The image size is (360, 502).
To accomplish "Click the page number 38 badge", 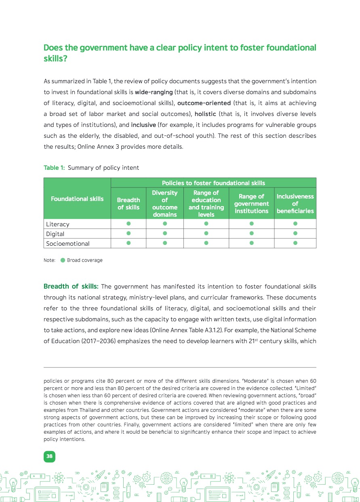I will tap(49, 456).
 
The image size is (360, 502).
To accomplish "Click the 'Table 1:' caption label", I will tap(54, 168).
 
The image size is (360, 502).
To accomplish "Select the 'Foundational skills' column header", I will tap(77, 198).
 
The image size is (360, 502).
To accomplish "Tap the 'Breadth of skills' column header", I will tap(128, 203).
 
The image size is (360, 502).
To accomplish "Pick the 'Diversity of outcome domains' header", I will tap(165, 203).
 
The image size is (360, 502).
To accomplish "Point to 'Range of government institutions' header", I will tap(251, 203).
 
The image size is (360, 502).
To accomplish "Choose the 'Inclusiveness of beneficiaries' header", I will tap(295, 203).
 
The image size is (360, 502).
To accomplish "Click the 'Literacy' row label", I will tap(58, 224).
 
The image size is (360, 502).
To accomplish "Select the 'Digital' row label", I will tap(55, 234).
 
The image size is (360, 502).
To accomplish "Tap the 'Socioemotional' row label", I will tap(67, 243).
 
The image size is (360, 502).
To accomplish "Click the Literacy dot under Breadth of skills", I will tap(128, 224).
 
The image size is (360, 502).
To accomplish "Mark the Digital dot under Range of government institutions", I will tap(251, 233).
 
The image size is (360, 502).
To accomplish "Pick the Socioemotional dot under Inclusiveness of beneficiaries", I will tap(295, 243).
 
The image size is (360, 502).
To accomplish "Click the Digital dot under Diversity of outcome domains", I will tap(165, 233).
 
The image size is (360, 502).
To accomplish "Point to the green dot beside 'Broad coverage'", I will tap(63, 260).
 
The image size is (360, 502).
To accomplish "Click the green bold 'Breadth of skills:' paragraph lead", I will tap(71, 287).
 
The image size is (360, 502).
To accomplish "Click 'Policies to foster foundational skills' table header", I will tap(213, 183).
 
